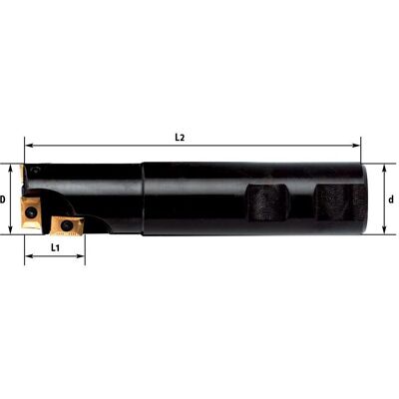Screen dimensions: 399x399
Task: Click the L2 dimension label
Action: pyautogui.click(x=180, y=138)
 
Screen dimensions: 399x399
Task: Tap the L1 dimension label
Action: pyautogui.click(x=55, y=247)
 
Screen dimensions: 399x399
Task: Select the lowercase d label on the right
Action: pyautogui.click(x=391, y=199)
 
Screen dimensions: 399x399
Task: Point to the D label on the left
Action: pyautogui.click(x=3, y=199)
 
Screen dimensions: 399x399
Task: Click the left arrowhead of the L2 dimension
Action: pyautogui.click(x=29, y=146)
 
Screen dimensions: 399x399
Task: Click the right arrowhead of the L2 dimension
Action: pyautogui.click(x=356, y=146)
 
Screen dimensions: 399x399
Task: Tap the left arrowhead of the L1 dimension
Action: pyautogui.click(x=29, y=256)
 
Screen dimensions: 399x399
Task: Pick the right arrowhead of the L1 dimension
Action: pyautogui.click(x=81, y=256)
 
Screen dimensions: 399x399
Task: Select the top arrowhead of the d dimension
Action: pyautogui.click(x=384, y=169)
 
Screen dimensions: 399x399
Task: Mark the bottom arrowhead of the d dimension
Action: pyautogui.click(x=384, y=230)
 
